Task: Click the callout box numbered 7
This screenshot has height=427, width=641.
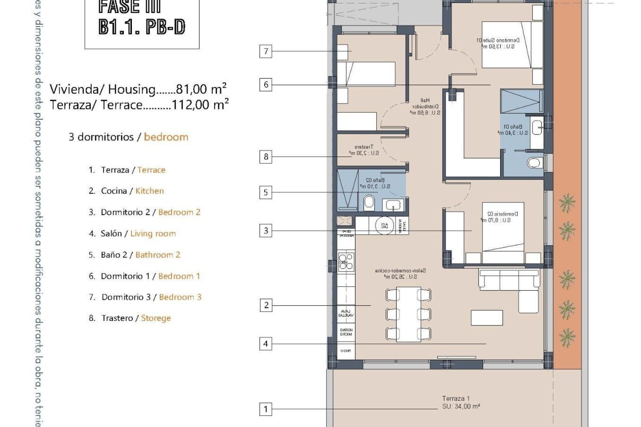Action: pyautogui.click(x=266, y=51)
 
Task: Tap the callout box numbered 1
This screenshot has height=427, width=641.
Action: pyautogui.click(x=266, y=409)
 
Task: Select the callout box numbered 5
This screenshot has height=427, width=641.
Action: pyautogui.click(x=266, y=192)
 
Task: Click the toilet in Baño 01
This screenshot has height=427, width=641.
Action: pyautogui.click(x=535, y=163)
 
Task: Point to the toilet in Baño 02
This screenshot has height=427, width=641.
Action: pyautogui.click(x=369, y=203)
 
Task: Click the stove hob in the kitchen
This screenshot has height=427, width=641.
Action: pyautogui.click(x=346, y=261)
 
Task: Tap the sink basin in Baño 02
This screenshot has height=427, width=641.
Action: pyautogui.click(x=393, y=205)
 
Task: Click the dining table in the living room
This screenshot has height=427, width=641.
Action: pyautogui.click(x=408, y=314)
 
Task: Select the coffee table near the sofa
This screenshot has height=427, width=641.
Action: pyautogui.click(x=487, y=318)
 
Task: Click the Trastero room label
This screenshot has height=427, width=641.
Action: pyautogui.click(x=364, y=150)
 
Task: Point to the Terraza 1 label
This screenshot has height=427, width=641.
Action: pyautogui.click(x=456, y=398)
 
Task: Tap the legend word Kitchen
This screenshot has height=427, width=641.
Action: pyautogui.click(x=150, y=191)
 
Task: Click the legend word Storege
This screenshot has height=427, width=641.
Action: pyautogui.click(x=156, y=318)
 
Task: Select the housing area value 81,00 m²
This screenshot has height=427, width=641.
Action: pyautogui.click(x=201, y=89)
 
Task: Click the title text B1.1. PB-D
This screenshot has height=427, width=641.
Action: pyautogui.click(x=142, y=27)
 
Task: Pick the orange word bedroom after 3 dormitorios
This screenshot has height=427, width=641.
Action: pyautogui.click(x=166, y=137)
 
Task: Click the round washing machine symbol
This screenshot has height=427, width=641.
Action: pyautogui.click(x=385, y=225)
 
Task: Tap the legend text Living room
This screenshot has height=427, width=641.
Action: pyautogui.click(x=153, y=234)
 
